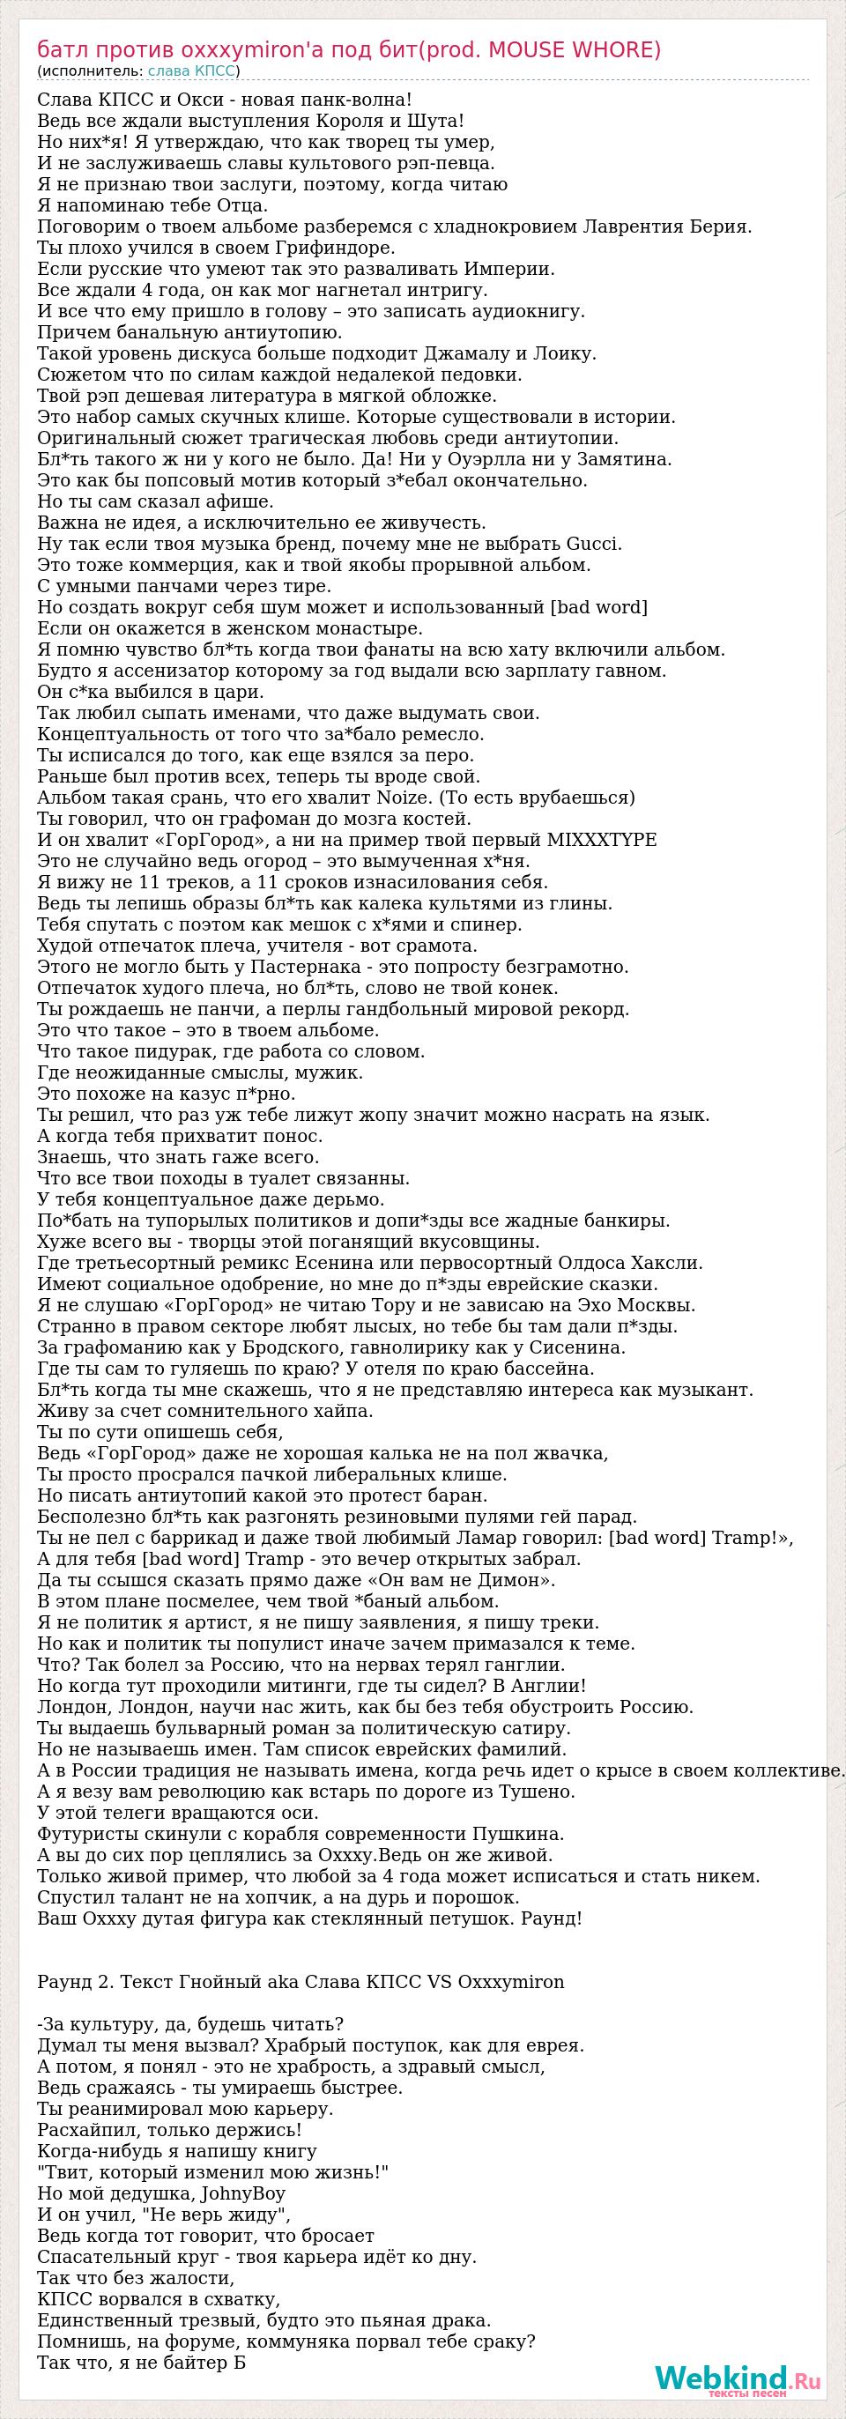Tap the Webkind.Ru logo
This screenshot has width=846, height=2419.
[x=737, y=2378]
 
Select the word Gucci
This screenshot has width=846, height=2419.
[x=593, y=544]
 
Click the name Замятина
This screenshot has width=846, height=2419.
[x=640, y=459]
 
